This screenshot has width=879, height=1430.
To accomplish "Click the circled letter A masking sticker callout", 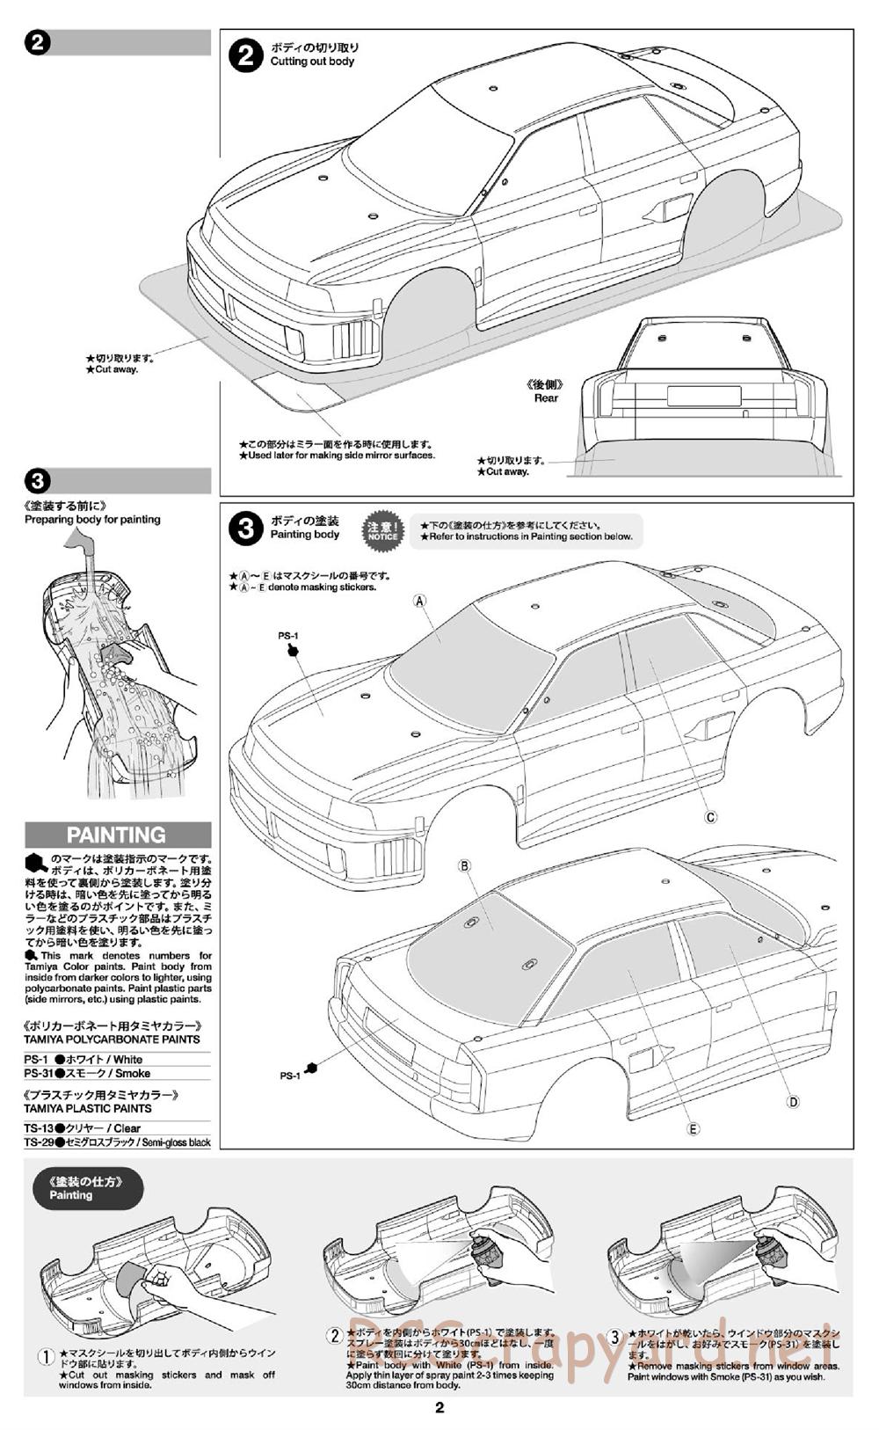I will [x=420, y=601].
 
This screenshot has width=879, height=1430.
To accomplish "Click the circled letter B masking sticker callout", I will [x=465, y=865].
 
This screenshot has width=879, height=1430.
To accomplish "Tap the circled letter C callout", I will [x=711, y=817].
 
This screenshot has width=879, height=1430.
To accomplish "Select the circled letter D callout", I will [x=793, y=1101].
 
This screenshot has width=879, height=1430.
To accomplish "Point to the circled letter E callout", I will [x=694, y=1129].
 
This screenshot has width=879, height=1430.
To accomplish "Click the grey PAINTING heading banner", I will [x=118, y=835].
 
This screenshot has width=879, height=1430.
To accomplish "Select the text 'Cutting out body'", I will [x=312, y=62].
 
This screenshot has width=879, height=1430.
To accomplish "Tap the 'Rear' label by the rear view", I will [x=546, y=398].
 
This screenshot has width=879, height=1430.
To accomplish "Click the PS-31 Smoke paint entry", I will [x=88, y=1073].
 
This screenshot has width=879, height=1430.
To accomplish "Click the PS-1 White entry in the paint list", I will [x=84, y=1059].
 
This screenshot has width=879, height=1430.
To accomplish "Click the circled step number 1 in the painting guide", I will [x=47, y=1357].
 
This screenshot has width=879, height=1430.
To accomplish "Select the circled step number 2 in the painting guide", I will [x=334, y=1336].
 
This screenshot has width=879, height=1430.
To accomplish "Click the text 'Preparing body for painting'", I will [x=92, y=519].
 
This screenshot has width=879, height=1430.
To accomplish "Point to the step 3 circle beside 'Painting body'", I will [x=245, y=529].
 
